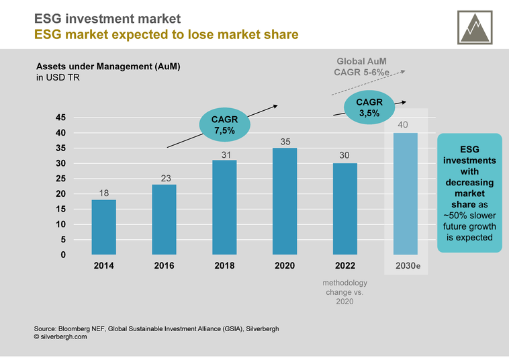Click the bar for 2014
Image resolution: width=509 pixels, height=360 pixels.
(104, 227)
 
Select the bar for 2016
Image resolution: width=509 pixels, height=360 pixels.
(164, 220)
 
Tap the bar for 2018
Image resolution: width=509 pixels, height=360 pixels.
(224, 208)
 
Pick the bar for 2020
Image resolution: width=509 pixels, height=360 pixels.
(285, 201)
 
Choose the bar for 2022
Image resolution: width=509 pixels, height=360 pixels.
(345, 209)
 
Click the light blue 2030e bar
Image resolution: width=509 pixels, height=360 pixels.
(405, 194)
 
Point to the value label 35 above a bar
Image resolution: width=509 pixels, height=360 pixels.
(285, 142)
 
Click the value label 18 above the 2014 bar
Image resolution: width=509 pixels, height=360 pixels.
(104, 193)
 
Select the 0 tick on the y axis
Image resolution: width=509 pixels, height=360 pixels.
(63, 255)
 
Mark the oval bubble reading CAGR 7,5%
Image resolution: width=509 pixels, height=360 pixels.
(224, 125)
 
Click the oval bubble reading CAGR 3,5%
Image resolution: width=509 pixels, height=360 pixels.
(369, 107)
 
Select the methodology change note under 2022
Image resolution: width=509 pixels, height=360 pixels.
(345, 292)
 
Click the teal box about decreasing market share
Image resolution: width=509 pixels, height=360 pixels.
(469, 194)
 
